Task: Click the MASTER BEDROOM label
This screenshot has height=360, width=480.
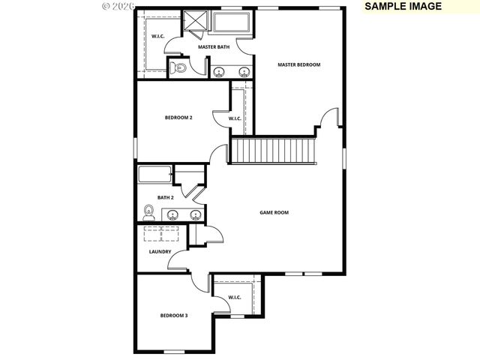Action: tap(298, 64)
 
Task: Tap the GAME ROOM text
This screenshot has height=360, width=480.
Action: tap(274, 212)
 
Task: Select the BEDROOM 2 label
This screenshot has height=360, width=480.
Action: tap(178, 118)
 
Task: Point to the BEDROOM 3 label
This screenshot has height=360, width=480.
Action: tap(174, 316)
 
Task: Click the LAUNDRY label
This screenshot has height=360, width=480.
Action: tap(160, 252)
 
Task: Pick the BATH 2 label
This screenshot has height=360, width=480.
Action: tap(165, 198)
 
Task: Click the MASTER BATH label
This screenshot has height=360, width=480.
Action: tap(213, 47)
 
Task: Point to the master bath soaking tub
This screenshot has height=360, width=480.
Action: tap(233, 22)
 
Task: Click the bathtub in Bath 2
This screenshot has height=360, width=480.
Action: tap(155, 175)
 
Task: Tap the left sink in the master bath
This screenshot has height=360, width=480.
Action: tap(219, 72)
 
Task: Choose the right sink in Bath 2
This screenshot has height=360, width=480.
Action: tap(195, 214)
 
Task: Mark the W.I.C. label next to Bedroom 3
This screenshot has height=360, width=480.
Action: tap(234, 298)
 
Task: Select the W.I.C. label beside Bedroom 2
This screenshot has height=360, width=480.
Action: tap(234, 118)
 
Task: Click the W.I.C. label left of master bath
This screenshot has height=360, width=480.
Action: tap(158, 36)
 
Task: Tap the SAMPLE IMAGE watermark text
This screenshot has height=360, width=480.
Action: tap(403, 6)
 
